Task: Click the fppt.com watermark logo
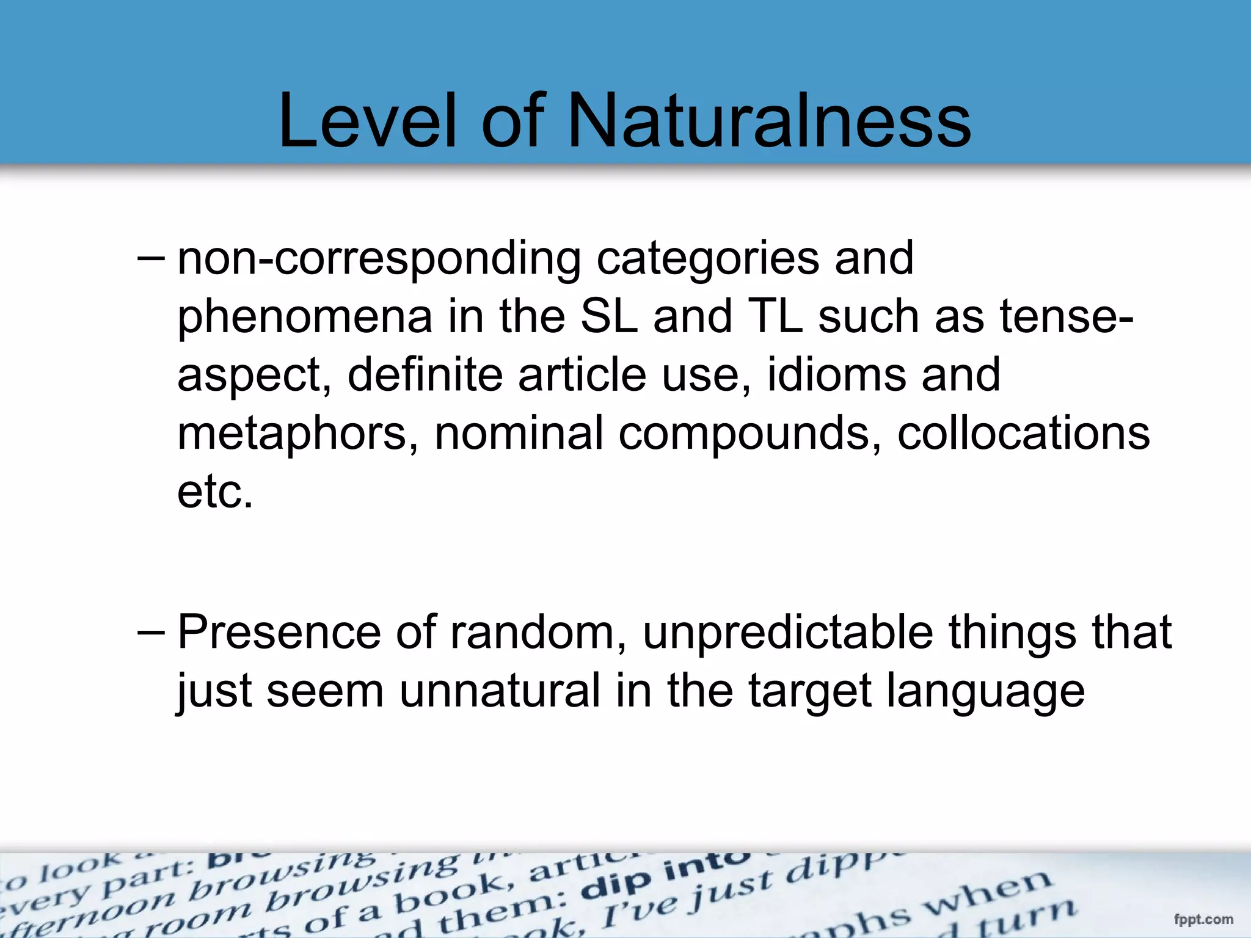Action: tap(1203, 919)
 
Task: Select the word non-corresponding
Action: tap(379, 259)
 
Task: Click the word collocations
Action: tap(1023, 432)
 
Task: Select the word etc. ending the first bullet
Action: tap(215, 492)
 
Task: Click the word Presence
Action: tap(279, 632)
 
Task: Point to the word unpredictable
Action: tap(787, 632)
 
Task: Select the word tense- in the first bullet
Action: tap(1066, 316)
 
